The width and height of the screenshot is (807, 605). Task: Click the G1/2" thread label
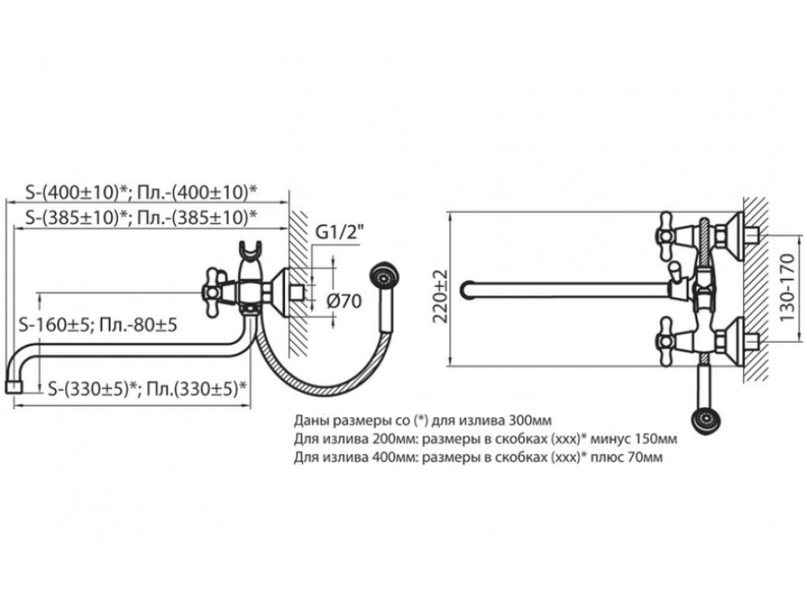click(339, 232)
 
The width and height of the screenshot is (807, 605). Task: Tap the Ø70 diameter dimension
click(344, 300)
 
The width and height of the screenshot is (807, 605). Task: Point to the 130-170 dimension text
click(788, 287)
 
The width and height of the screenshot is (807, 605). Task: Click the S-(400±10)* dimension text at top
click(77, 193)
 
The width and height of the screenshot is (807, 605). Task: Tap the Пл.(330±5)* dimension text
click(196, 389)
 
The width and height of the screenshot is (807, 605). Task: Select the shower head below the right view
click(705, 421)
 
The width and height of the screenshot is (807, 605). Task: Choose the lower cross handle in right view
click(667, 341)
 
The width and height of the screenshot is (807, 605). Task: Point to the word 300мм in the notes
click(529, 420)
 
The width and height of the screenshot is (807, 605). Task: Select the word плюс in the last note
click(606, 457)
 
